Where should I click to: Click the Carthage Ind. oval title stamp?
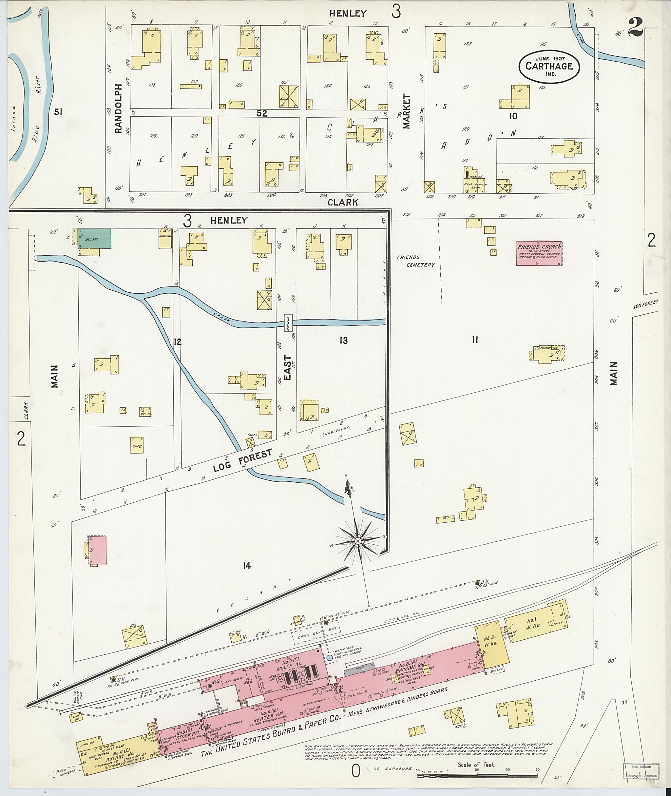coord(549,66)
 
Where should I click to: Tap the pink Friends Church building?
coord(539,253)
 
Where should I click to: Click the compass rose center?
coord(357,541)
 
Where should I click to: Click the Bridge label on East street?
coord(288,323)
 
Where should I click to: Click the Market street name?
coord(407,111)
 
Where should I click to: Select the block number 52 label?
coord(262,113)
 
